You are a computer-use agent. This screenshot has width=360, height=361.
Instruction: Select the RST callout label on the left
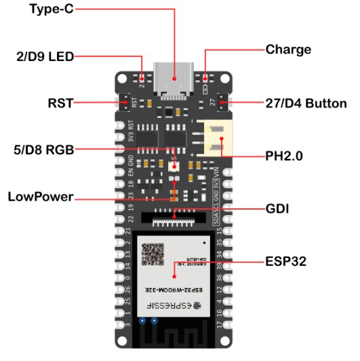[x=60, y=104]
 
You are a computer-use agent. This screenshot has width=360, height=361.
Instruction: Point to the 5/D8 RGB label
[x=45, y=149]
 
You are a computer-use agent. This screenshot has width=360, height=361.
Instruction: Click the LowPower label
[x=41, y=197]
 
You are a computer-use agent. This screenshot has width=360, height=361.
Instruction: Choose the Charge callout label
[x=288, y=50]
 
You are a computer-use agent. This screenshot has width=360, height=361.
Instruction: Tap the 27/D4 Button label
[x=305, y=104]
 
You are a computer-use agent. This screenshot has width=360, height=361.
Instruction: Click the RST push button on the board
[x=126, y=103]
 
